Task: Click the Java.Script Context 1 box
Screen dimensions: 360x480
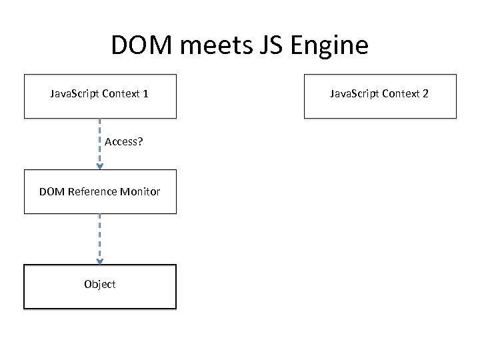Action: coord(100,96)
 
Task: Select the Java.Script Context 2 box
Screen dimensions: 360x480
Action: coord(380,96)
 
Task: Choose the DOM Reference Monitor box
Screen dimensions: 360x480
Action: coord(100,192)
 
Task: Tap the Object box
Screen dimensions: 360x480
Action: coord(100,287)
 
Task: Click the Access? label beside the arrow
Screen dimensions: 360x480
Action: coord(124,142)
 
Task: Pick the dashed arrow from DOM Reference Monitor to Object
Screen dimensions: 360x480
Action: coord(100,237)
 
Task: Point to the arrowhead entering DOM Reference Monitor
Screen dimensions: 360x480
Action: coord(100,166)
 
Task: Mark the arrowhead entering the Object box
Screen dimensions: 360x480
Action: coord(100,261)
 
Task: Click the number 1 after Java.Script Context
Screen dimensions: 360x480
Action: coord(145,94)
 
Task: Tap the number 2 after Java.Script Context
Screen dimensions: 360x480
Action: coord(425,94)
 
